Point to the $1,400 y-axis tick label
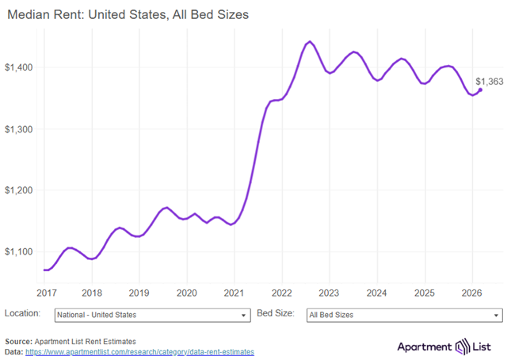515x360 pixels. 21,67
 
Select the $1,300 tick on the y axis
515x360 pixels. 21,128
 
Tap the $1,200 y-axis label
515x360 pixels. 21,190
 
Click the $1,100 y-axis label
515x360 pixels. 21,251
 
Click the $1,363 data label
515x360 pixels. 489,81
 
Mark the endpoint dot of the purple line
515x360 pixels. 480,90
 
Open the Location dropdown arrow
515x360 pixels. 243,316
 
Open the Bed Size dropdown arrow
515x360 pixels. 496,316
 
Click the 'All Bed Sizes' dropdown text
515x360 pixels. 330,315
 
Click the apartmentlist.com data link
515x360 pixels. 139,351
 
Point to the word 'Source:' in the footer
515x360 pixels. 18,341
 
